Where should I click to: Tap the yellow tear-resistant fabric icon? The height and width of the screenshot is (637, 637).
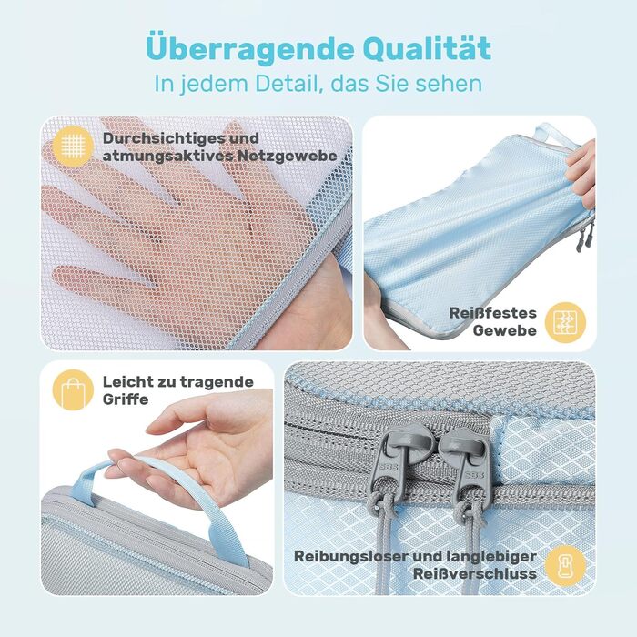565,321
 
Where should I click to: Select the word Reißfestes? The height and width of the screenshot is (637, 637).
492,313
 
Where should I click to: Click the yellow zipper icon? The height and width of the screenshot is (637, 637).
565,565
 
